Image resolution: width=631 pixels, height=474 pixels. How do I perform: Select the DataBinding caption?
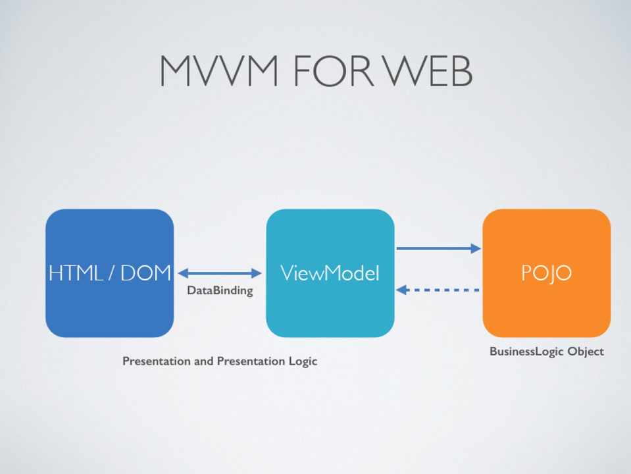tap(220, 290)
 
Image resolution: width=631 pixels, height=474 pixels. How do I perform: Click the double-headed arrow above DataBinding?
tap(220, 273)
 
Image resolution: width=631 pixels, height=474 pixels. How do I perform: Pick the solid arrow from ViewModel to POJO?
tap(438, 248)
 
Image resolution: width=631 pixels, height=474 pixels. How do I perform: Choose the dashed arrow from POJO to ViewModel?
tap(438, 290)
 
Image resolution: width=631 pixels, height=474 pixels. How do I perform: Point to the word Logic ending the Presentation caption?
tap(302, 361)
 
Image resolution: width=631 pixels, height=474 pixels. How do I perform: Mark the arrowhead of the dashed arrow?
tap(401, 290)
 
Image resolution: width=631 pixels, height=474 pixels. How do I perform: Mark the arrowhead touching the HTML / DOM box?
tap(183, 273)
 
